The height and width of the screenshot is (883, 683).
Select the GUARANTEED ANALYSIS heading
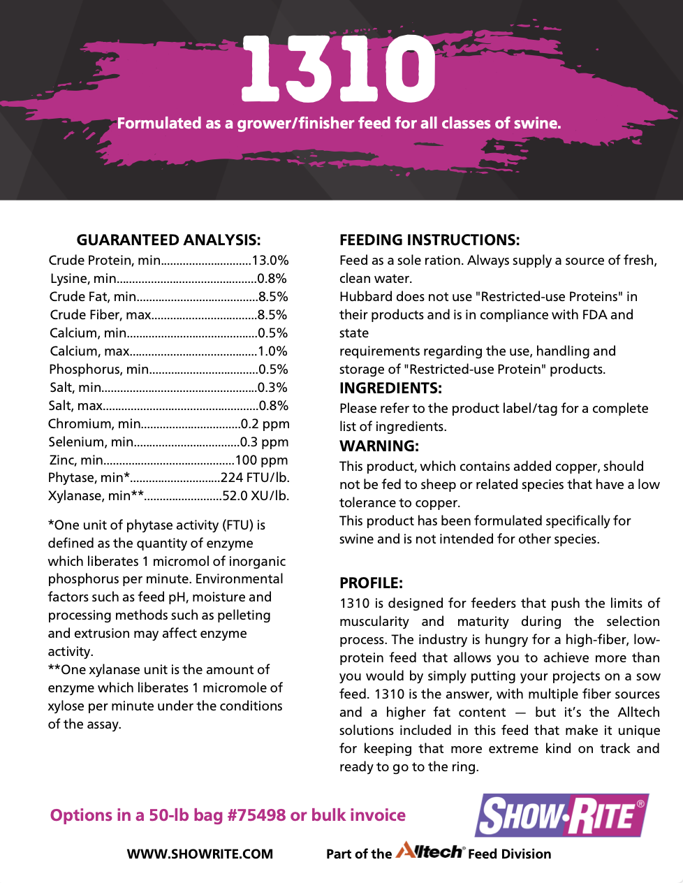click(x=168, y=240)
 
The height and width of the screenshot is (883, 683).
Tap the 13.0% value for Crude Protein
click(x=270, y=261)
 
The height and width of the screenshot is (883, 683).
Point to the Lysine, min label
click(x=83, y=279)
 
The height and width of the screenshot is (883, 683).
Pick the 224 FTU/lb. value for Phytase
click(x=255, y=478)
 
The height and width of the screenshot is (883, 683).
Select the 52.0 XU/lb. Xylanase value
click(x=256, y=496)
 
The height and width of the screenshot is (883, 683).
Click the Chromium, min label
click(x=94, y=424)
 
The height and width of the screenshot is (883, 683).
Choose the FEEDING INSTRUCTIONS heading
click(x=429, y=240)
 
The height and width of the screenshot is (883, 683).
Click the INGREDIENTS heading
click(x=390, y=388)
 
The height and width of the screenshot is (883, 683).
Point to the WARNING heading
click(x=379, y=446)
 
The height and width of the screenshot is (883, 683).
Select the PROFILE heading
click(x=371, y=583)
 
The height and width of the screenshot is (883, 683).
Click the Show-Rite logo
click(x=561, y=815)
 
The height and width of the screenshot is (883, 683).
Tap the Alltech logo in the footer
click(x=429, y=852)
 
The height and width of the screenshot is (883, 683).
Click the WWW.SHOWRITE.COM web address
click(x=200, y=854)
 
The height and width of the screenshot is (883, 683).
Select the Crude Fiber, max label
click(x=100, y=315)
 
